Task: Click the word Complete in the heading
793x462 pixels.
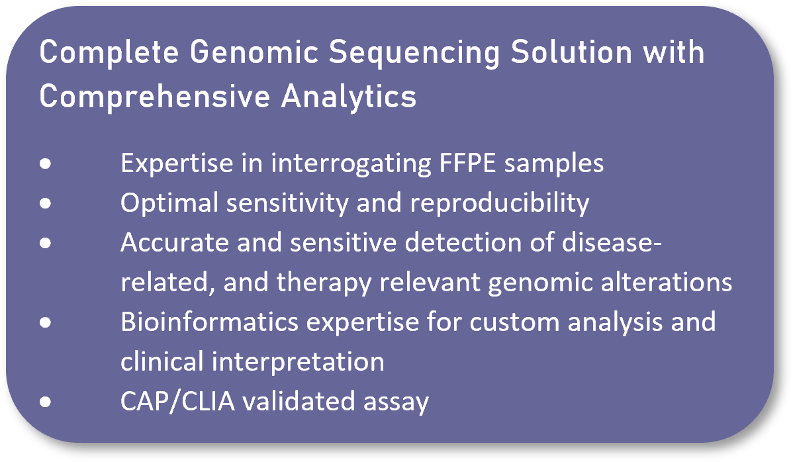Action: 109,52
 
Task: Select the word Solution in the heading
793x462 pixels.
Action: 571,52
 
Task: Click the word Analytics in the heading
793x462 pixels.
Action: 348,97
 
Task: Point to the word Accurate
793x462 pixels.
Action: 175,243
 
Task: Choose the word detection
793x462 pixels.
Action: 463,243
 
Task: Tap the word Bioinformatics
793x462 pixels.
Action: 209,322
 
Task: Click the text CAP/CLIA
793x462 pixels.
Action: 177,401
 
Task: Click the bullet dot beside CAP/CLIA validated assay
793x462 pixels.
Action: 46,402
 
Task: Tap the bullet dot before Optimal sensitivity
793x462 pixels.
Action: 46,203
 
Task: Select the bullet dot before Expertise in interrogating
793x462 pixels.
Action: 46,163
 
